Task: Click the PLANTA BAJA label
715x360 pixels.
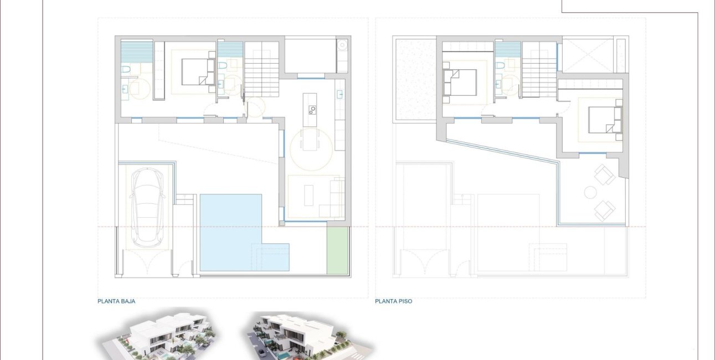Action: click(116, 302)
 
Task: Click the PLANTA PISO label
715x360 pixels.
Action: click(393, 302)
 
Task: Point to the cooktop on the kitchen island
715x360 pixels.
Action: click(311, 109)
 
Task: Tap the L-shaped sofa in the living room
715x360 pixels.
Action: click(336, 197)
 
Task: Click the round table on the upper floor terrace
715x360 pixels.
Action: click(590, 193)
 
